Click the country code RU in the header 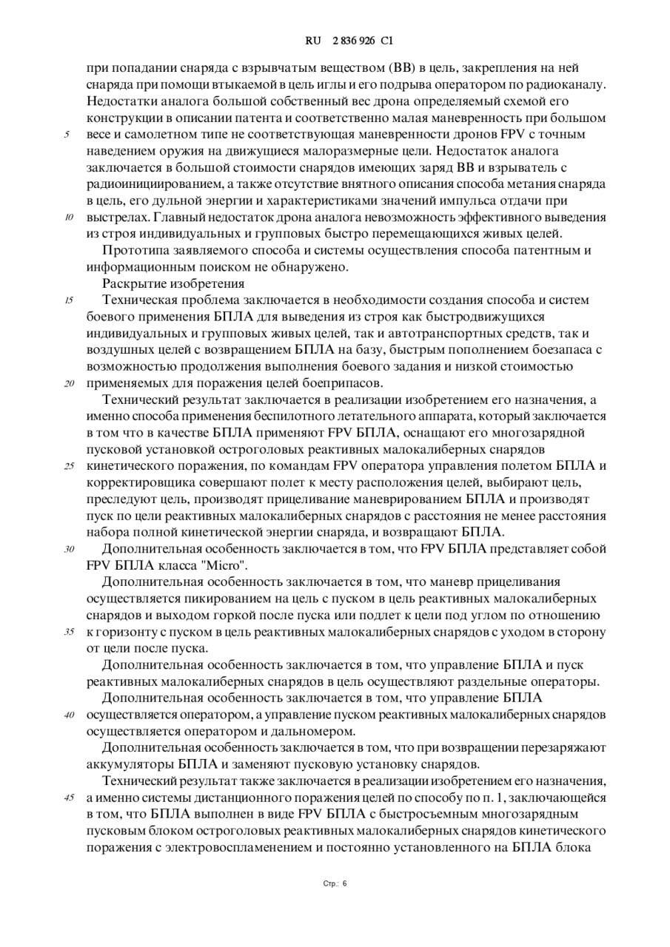[312, 41]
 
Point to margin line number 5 [67, 135]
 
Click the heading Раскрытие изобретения [173, 283]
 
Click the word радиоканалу [569, 84]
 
